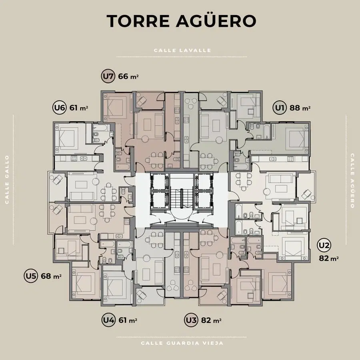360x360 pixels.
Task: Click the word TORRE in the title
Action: pos(138,21)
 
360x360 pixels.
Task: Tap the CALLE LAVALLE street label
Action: pos(182,50)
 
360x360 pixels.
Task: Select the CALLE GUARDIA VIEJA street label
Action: pos(182,343)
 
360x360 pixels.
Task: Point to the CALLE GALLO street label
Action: pos(7,179)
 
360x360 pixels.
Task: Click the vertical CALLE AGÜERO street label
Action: pos(352,181)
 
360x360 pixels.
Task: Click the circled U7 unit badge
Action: pos(108,76)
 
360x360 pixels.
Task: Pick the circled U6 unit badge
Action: pos(60,108)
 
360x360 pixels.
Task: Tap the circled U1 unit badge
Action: pos(280,108)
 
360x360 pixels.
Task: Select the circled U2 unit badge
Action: pos(324,246)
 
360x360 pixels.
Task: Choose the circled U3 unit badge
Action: pos(191,320)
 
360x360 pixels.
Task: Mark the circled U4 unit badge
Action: pos(108,320)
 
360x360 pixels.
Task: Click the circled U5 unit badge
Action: pos(31,276)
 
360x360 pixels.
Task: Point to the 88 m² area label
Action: pos(300,108)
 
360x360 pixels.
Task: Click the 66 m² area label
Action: pos(128,76)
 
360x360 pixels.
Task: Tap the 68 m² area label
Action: pos(51,276)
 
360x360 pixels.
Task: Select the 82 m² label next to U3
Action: pos(211,320)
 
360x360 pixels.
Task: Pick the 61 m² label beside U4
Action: pos(128,320)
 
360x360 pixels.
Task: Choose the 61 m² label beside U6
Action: pos(79,108)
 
